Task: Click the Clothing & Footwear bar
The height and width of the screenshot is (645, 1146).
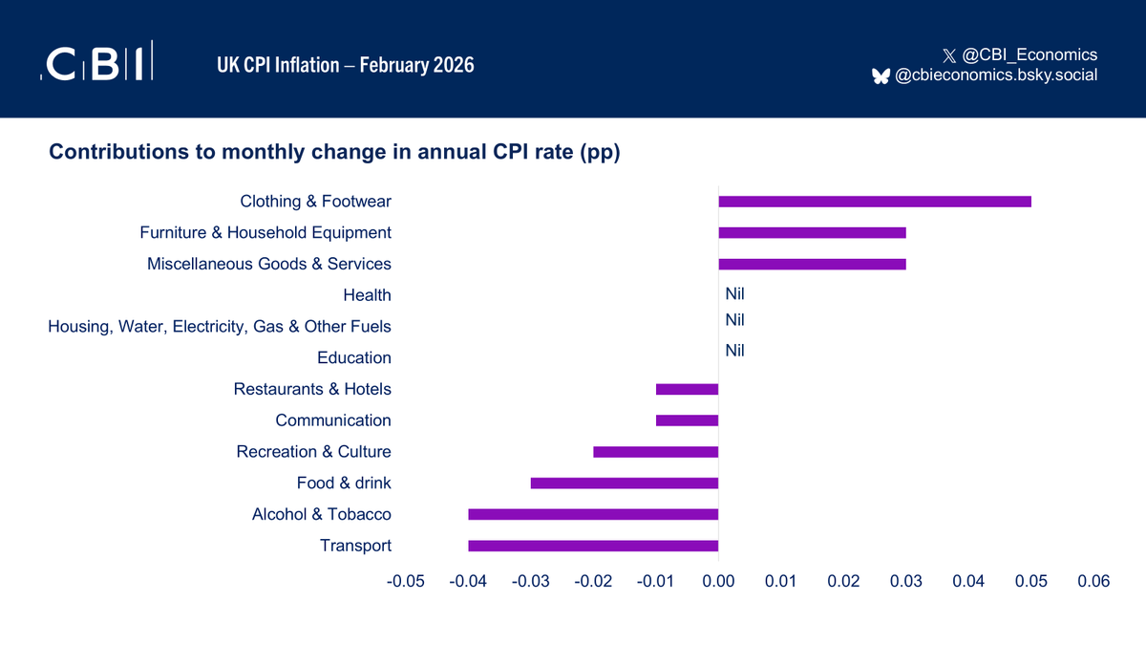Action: pyautogui.click(x=874, y=202)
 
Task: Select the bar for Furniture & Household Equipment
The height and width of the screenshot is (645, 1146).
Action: pyautogui.click(x=812, y=232)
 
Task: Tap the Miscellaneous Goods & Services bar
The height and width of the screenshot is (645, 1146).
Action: pyautogui.click(x=812, y=264)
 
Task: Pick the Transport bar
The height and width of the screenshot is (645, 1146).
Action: pyautogui.click(x=593, y=546)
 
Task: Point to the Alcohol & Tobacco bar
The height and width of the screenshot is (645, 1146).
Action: pyautogui.click(x=593, y=514)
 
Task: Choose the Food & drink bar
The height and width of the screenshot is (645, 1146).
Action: pyautogui.click(x=625, y=483)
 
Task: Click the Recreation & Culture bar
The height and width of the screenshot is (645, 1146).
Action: pyautogui.click(x=655, y=452)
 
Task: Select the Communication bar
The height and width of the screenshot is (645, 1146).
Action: pyautogui.click(x=687, y=420)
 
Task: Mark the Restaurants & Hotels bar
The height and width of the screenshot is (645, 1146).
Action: pyautogui.click(x=687, y=389)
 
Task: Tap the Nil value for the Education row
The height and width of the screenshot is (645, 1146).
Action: pyautogui.click(x=734, y=351)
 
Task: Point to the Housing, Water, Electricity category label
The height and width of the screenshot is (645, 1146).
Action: pyautogui.click(x=220, y=327)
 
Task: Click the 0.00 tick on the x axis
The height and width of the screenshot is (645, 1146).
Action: pyautogui.click(x=718, y=581)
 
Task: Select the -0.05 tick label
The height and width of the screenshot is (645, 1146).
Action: pyautogui.click(x=405, y=581)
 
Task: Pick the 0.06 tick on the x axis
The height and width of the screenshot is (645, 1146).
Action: pyautogui.click(x=1093, y=581)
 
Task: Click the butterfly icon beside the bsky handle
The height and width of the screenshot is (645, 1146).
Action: pyautogui.click(x=881, y=75)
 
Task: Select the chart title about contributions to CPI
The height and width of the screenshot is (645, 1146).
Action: pyautogui.click(x=334, y=153)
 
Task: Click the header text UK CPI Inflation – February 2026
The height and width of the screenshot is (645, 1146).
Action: pyautogui.click(x=345, y=65)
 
